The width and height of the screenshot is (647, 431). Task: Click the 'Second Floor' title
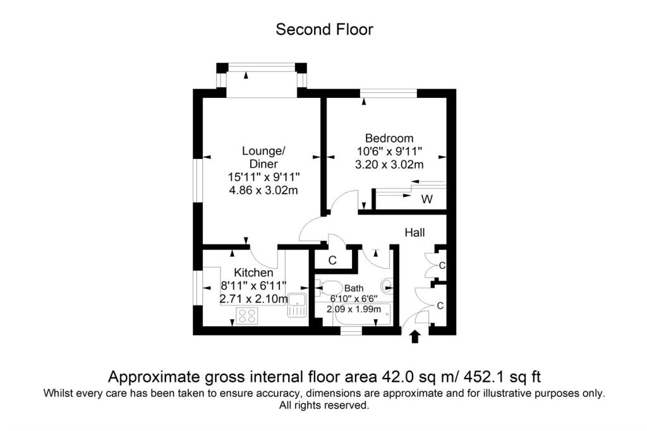(x=324, y=30)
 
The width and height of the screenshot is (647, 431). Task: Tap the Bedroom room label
(x=389, y=138)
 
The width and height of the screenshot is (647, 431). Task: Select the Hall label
(x=414, y=232)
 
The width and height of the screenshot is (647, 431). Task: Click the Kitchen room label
(x=253, y=273)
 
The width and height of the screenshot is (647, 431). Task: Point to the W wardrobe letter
(x=427, y=199)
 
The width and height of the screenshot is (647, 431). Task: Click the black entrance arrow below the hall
(x=415, y=336)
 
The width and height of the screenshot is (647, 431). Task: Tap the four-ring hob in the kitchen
(x=247, y=316)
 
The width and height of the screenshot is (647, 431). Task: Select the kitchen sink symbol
(x=297, y=305)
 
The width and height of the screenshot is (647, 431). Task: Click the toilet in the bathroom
(x=329, y=288)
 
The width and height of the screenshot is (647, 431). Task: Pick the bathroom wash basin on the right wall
(x=387, y=286)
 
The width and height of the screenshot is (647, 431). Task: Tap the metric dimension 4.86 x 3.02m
(x=263, y=191)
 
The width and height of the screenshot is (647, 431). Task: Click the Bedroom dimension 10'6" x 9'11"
(x=389, y=151)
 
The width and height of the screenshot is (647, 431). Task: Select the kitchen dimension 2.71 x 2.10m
(x=254, y=298)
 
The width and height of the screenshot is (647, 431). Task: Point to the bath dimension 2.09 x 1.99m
(x=354, y=309)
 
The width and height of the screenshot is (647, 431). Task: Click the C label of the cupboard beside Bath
(x=332, y=261)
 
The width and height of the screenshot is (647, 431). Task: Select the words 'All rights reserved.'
(x=324, y=405)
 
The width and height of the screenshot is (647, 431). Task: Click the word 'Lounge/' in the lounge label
(x=263, y=151)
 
